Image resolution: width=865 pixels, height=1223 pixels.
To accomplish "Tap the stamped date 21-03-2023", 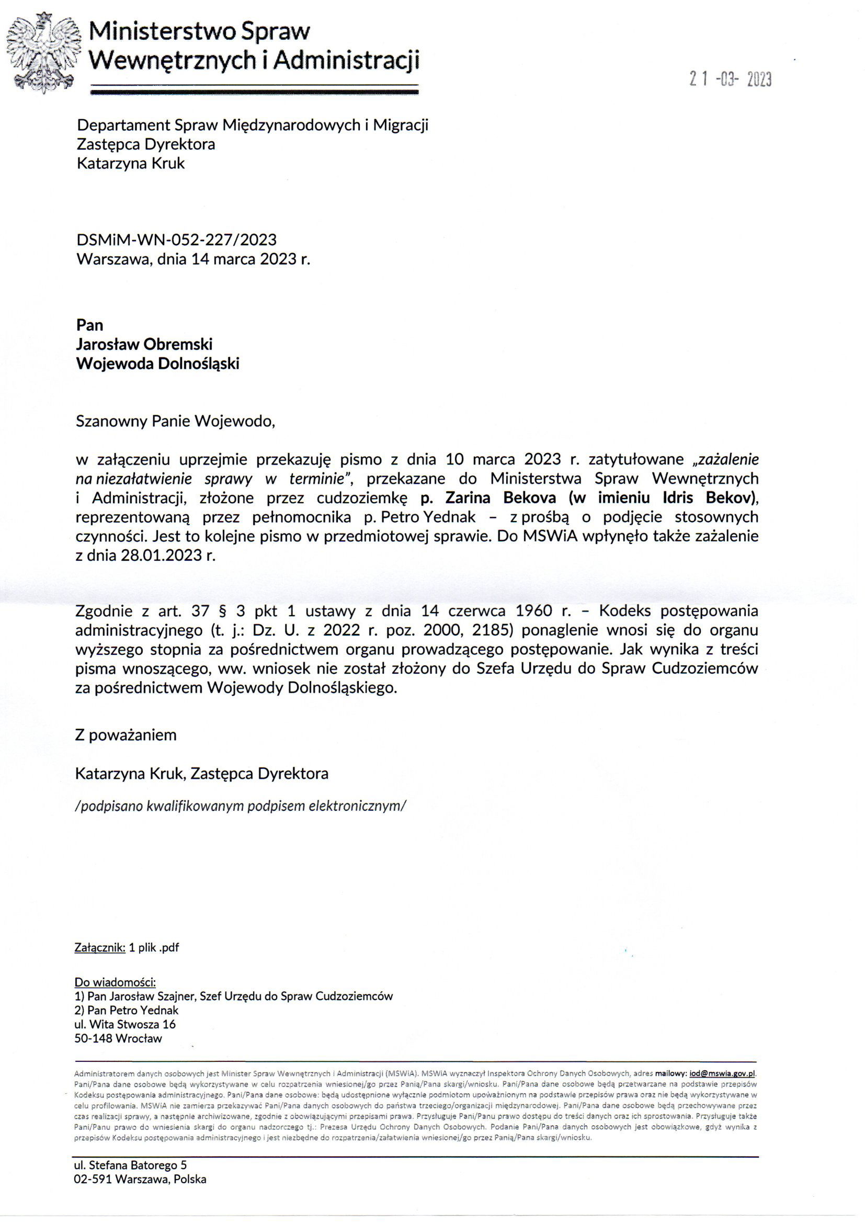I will click(730, 80).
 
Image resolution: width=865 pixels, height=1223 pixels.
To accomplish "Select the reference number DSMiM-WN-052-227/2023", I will click(176, 240).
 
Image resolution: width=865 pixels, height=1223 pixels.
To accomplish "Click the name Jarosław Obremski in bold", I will click(144, 344).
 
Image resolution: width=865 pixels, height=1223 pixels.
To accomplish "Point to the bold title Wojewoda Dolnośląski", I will click(157, 363).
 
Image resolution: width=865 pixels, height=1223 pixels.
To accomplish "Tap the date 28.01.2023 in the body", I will click(160, 555).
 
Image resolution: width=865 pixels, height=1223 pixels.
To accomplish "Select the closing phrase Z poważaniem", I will click(126, 735).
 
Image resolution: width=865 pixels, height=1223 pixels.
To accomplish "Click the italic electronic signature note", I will click(241, 806).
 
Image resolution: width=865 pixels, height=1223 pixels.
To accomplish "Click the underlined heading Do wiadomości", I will click(115, 982).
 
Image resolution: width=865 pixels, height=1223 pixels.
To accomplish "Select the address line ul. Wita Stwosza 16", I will click(124, 1024).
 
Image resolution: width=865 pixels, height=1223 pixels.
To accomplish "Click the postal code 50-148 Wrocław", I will click(118, 1038).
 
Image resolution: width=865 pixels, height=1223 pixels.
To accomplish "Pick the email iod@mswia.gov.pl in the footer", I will click(722, 1074).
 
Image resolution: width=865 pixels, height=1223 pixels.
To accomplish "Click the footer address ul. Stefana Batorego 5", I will click(130, 1165).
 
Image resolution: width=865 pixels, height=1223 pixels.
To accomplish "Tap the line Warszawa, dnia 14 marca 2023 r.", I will click(193, 259).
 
